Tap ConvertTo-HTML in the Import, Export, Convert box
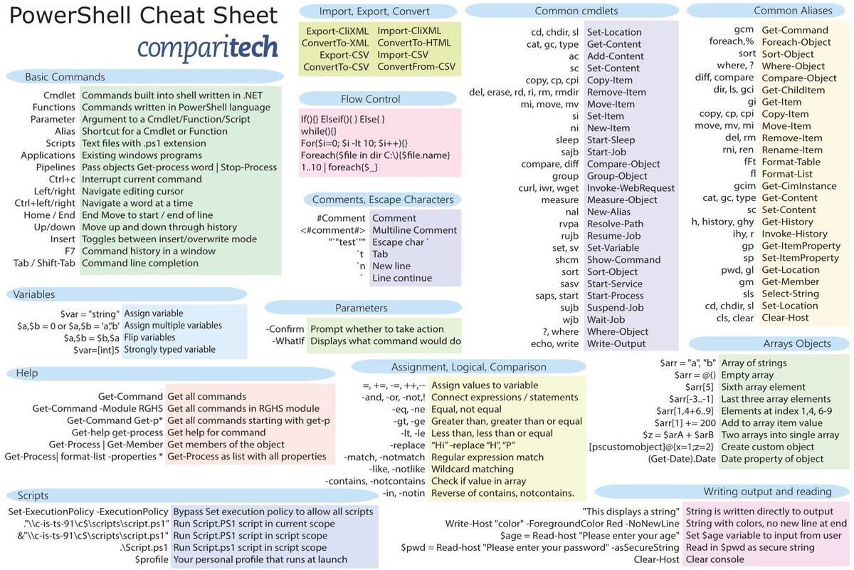[x=414, y=43]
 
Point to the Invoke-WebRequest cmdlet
[x=631, y=188]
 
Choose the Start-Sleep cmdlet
[x=611, y=140]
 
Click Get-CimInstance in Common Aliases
[x=798, y=186]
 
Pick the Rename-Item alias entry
[x=792, y=150]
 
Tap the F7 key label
[x=69, y=251]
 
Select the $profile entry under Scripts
[x=152, y=559]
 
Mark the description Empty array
[x=747, y=375]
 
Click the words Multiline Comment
[x=414, y=230]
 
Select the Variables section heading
[x=34, y=294]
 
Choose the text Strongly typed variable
[x=169, y=350]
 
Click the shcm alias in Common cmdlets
[x=567, y=260]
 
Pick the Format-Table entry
[x=791, y=162]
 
